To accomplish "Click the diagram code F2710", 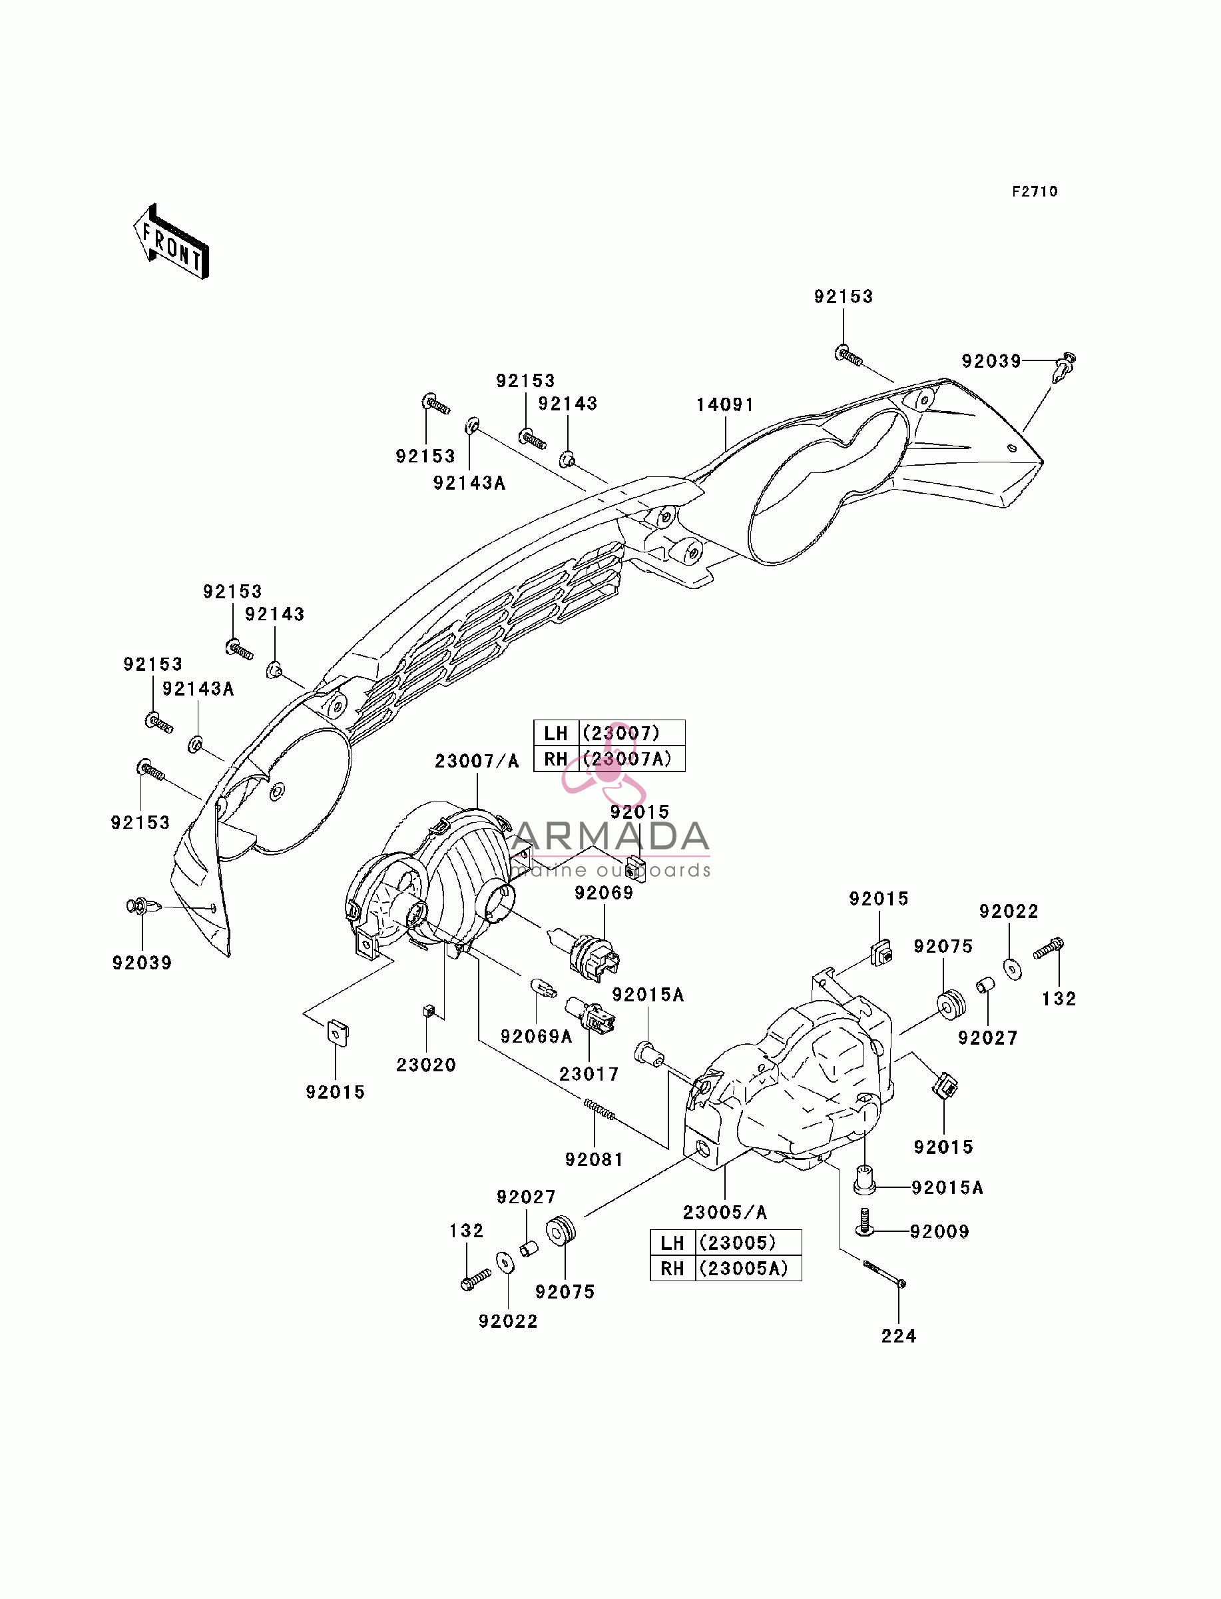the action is click(x=1035, y=191).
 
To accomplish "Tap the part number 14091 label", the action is click(x=725, y=405).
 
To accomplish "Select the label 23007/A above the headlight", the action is click(x=477, y=762).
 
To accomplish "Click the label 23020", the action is click(x=426, y=1065).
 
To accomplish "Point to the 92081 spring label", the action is click(x=594, y=1160).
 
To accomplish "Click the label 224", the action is click(x=898, y=1336).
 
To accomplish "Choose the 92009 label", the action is click(x=940, y=1232).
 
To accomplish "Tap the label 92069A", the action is click(x=537, y=1037).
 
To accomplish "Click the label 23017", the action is click(x=589, y=1074).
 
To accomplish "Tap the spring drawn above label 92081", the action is click(x=600, y=1111).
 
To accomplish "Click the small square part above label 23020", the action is click(x=428, y=1011).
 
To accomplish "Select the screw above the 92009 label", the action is click(x=864, y=1222).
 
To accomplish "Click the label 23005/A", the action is click(x=724, y=1212).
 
